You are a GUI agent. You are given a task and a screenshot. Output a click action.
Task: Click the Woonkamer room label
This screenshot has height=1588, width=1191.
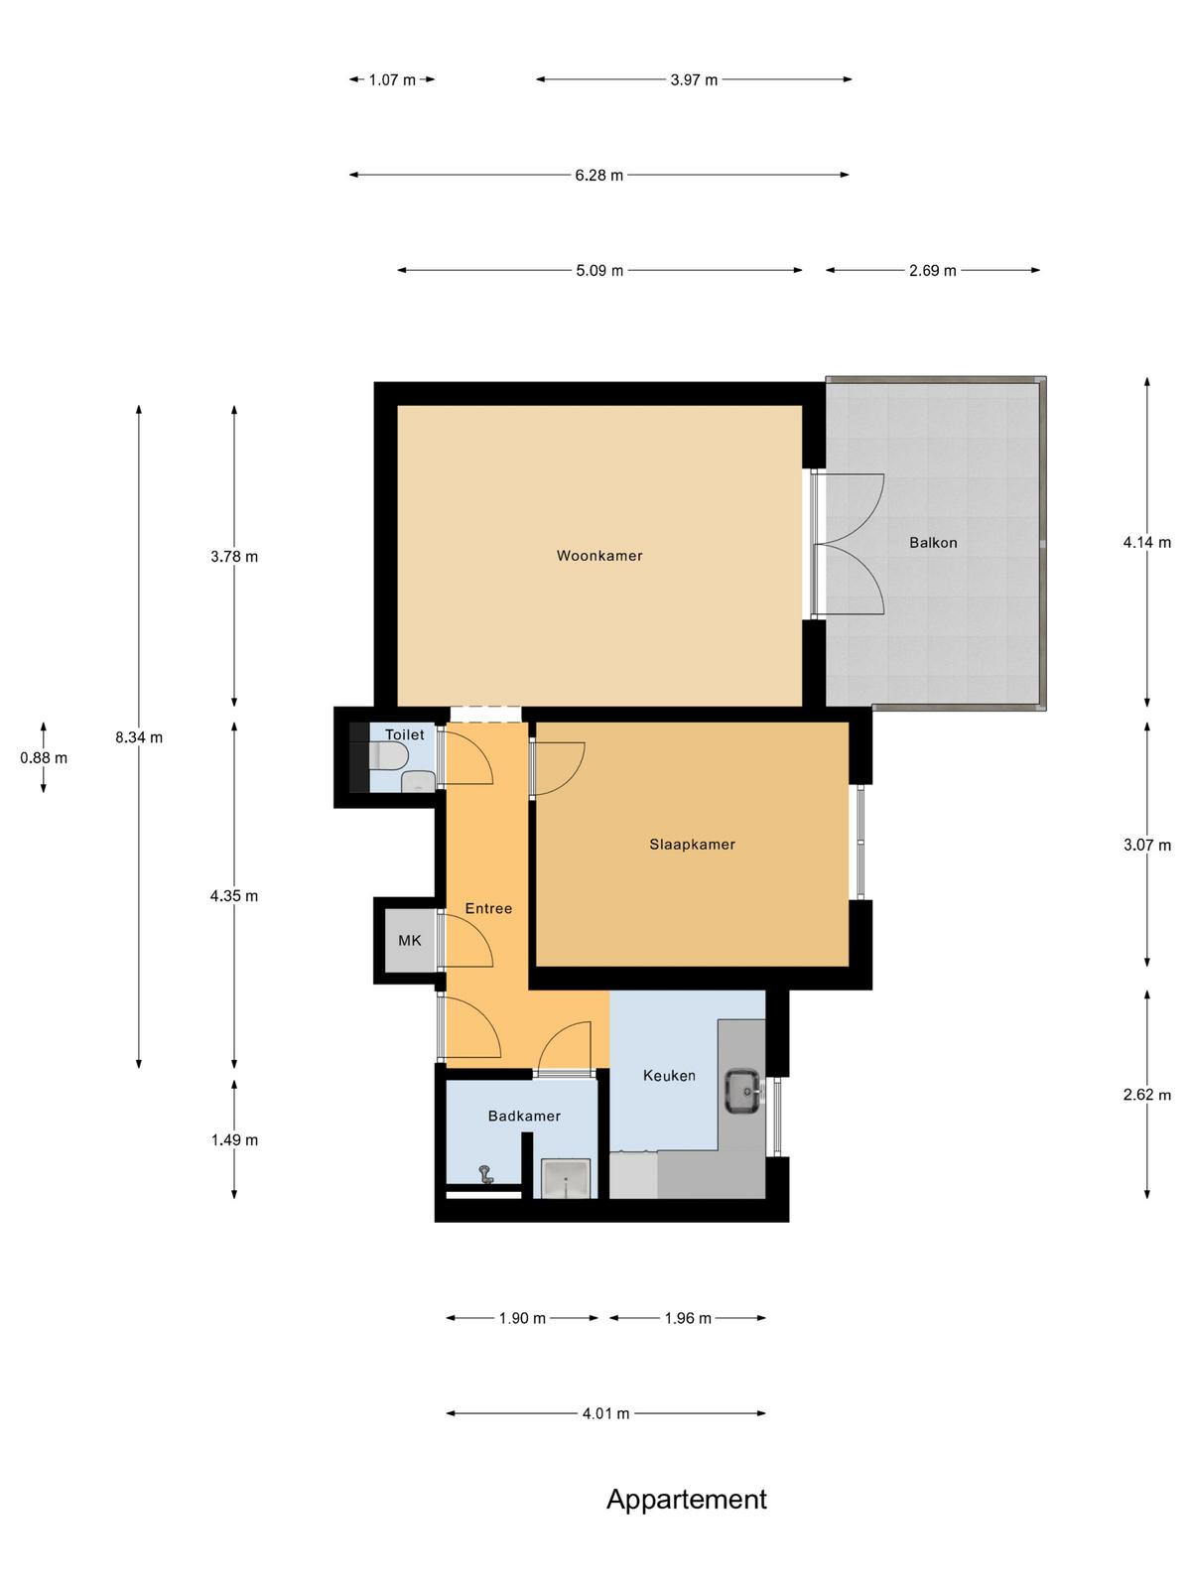point(599,556)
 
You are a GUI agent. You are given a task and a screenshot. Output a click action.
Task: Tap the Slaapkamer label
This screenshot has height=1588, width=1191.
point(692,845)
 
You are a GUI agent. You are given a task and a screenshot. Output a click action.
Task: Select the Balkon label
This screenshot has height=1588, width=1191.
point(933,543)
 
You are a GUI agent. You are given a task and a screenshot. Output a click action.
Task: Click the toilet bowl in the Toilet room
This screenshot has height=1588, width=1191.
point(389,757)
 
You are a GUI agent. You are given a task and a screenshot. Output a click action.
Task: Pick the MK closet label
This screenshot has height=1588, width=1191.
point(409,941)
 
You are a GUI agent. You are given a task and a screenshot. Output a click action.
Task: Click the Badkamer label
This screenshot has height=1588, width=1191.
point(524,1117)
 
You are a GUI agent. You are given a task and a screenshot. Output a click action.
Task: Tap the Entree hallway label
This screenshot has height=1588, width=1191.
point(488,909)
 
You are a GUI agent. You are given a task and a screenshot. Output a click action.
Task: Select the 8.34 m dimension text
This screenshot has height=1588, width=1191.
point(139,737)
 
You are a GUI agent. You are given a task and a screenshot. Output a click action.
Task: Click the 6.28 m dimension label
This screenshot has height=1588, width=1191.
point(598,175)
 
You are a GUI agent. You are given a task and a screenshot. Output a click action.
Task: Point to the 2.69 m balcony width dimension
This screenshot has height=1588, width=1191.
point(932,271)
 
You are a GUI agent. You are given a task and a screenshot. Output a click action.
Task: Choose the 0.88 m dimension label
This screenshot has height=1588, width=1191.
point(44,757)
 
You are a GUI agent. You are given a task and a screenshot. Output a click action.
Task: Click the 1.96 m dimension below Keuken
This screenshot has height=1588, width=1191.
point(688,1318)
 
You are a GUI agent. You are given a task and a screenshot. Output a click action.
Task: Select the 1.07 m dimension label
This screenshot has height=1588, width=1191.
point(392,79)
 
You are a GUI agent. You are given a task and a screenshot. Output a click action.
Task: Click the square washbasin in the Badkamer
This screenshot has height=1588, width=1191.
point(566,1178)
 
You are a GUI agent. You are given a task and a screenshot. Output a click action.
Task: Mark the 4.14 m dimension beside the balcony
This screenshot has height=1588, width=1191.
point(1147,543)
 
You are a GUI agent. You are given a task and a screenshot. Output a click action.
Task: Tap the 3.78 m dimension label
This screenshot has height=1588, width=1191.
point(234,557)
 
